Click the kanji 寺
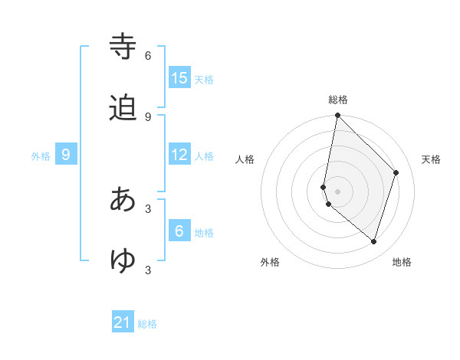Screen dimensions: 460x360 point(124,47)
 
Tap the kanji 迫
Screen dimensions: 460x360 point(124,108)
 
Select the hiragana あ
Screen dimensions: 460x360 point(124,200)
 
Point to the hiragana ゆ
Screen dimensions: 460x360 point(124,261)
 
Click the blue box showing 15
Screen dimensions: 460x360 point(179,77)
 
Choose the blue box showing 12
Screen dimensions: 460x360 point(179,155)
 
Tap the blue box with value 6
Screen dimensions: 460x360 point(179,231)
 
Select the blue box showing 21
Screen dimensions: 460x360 point(123,323)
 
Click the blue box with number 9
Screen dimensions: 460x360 point(66,155)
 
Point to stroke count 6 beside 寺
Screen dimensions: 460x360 point(148,56)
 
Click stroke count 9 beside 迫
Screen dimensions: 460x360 point(148,117)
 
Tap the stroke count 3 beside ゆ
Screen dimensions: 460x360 point(148,270)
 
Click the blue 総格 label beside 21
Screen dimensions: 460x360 point(147,324)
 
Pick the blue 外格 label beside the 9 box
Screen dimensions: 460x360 point(41,156)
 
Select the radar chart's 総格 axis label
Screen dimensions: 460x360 point(338,100)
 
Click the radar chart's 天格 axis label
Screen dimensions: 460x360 point(432,159)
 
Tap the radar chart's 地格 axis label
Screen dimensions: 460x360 point(402,262)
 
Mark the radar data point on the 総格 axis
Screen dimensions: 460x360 point(337,115)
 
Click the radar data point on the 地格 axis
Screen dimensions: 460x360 point(373,241)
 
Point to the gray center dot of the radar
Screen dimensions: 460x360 point(337,191)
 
